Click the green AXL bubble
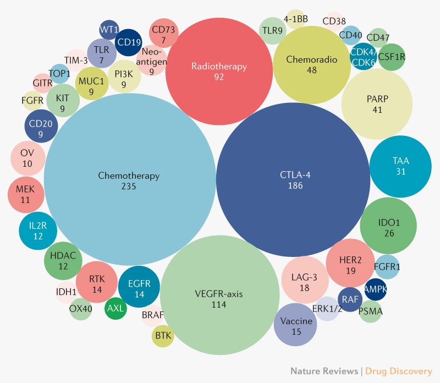pos(116,308)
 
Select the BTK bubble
pos(163,336)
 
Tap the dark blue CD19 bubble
pos(129,42)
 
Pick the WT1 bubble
pos(109,30)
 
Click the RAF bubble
pos(350,299)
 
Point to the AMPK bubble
pos(376,289)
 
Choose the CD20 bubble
pos(41,126)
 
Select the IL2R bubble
pos(38,231)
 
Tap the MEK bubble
pos(26,195)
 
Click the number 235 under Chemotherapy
pos(129,186)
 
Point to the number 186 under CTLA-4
pos(295,185)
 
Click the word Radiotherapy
pos(219,67)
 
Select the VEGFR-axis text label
pos(219,294)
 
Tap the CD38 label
pos(334,21)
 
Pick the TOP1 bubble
pos(59,74)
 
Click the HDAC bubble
pos(63,261)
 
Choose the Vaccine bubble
pos(295,325)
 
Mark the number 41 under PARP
pos(377,110)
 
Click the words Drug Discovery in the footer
pos(398,371)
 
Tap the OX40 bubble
pos(80,309)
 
